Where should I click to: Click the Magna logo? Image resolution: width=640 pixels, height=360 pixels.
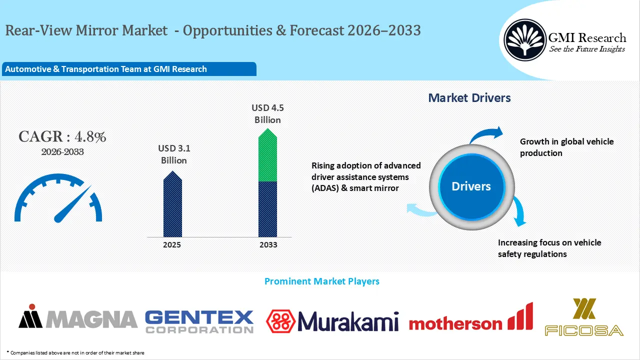click(x=78, y=319)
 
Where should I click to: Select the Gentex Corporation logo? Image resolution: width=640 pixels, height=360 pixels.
click(x=199, y=321)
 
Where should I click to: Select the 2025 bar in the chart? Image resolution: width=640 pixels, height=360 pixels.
click(x=172, y=205)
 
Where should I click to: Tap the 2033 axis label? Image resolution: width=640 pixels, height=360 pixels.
click(x=268, y=245)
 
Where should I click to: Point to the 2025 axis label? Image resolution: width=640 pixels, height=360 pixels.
click(x=172, y=245)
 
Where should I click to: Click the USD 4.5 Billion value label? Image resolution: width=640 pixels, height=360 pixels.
click(x=267, y=113)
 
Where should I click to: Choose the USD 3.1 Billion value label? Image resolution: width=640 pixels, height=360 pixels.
click(x=173, y=154)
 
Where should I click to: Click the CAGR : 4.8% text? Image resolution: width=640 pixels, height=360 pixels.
click(x=62, y=137)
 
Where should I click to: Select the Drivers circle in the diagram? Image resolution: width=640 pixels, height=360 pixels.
click(x=471, y=186)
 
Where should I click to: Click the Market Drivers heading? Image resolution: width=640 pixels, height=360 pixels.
click(x=469, y=98)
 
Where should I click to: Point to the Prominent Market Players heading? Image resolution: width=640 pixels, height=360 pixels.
click(x=321, y=281)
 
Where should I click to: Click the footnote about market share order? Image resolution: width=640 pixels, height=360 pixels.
click(x=75, y=353)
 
